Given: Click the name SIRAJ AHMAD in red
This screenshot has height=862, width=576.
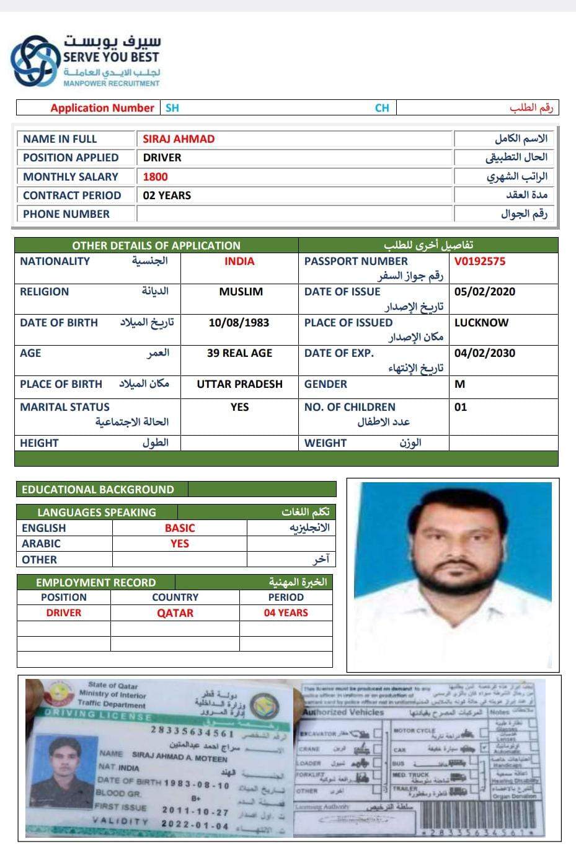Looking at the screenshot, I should click(x=179, y=139).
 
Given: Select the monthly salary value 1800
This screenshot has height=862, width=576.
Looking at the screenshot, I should click(x=155, y=177).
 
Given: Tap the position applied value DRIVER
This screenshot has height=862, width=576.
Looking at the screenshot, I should click(x=162, y=158).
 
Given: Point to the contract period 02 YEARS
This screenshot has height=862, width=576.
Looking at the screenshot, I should click(x=167, y=195).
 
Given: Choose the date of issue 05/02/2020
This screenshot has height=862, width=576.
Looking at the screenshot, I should click(x=484, y=292).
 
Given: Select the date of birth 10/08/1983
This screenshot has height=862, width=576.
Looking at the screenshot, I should click(x=239, y=323).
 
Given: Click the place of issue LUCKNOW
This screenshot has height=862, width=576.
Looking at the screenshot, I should click(x=481, y=323).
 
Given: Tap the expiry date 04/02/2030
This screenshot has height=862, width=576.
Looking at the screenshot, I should click(x=484, y=353).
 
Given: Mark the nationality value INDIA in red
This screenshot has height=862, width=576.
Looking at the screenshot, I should click(x=239, y=261).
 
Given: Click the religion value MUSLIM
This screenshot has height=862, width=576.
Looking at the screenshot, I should click(x=241, y=292).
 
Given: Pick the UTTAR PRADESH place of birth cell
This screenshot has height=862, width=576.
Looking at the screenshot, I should click(x=239, y=384).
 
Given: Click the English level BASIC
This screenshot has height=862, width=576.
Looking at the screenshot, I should click(x=180, y=528).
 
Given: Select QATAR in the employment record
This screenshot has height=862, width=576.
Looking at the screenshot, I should click(x=175, y=613).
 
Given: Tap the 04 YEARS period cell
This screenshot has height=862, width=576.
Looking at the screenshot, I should click(x=286, y=613).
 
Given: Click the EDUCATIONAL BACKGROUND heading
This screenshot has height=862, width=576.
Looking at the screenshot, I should click(x=98, y=490).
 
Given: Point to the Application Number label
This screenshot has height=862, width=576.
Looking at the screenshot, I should click(x=102, y=108).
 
